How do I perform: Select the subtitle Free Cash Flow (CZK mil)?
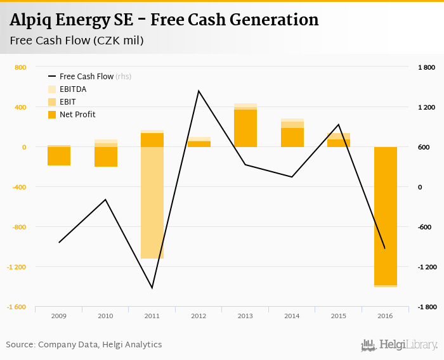coord(76,41)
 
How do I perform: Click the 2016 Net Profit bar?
coord(385,215)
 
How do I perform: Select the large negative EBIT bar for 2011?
coord(152,203)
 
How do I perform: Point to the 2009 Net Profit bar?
coord(59,156)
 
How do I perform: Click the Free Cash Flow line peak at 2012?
coord(199,91)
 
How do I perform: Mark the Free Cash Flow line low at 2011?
coord(152,288)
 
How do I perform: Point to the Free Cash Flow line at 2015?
coord(339,124)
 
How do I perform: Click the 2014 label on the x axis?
coord(292,316)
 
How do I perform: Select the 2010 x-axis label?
coord(105,316)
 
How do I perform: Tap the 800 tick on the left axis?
coord(20,67)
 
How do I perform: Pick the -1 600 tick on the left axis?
coord(16,307)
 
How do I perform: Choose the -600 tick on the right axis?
coord(426,227)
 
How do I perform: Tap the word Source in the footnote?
coord(20,345)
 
